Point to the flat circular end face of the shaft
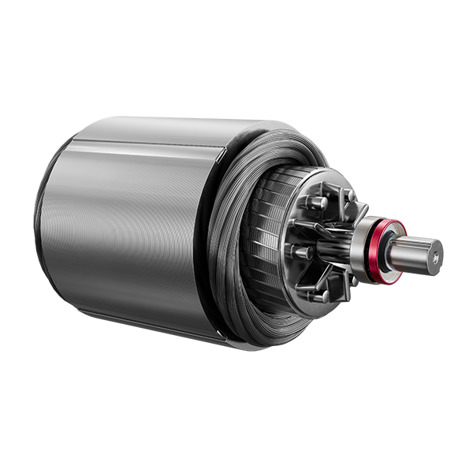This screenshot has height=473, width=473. (x=432, y=254)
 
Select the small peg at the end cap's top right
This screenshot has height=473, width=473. (x=348, y=195)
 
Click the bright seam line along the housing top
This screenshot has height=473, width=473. (x=142, y=142)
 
